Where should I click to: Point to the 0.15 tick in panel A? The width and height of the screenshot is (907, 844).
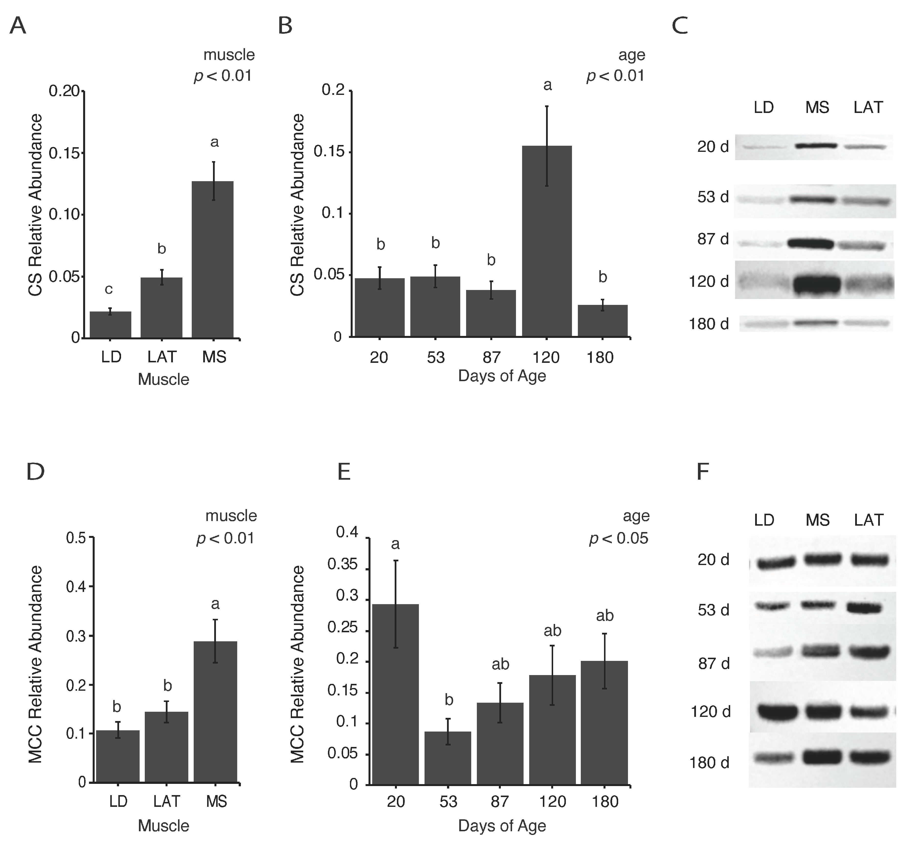click(x=64, y=153)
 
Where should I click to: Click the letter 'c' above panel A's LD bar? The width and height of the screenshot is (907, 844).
click(x=109, y=289)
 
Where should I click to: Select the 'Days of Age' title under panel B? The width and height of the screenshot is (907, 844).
click(x=502, y=376)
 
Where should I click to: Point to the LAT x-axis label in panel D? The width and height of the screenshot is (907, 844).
click(x=167, y=801)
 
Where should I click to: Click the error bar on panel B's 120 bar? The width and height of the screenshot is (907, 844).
click(x=547, y=146)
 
